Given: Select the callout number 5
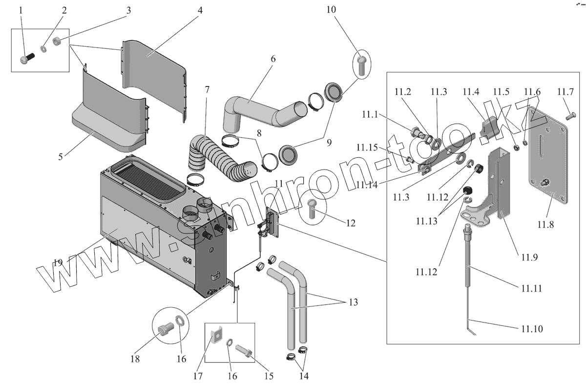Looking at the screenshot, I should pyautogui.click(x=61, y=157).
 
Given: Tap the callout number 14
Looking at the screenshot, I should pyautogui.click(x=303, y=376).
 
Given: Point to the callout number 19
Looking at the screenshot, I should pyautogui.click(x=58, y=263).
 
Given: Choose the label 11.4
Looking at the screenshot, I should pyautogui.click(x=471, y=92).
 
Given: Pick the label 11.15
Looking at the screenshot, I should pyautogui.click(x=366, y=147).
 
